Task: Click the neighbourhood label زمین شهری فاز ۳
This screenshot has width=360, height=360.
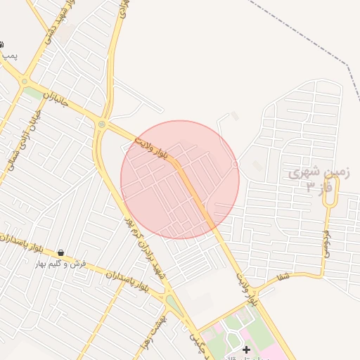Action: [x=318, y=179]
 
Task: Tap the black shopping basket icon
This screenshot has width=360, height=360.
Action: [x=61, y=253]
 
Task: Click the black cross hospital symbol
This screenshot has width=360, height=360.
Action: [x=246, y=349]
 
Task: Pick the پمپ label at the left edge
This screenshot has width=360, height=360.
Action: [x=8, y=54]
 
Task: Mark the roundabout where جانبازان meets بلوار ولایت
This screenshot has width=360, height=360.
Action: [x=103, y=125]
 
